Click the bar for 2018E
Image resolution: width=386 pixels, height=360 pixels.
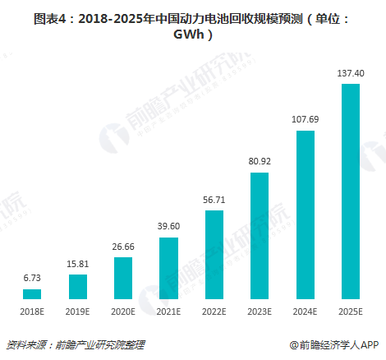point(32,293)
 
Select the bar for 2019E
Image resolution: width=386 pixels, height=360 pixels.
point(77,286)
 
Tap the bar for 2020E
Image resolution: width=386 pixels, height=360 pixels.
point(123,278)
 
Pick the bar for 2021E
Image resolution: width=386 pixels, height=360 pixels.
point(168,268)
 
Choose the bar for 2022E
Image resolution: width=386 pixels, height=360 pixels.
point(214,255)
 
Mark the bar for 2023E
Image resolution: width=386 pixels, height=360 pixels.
point(260,235)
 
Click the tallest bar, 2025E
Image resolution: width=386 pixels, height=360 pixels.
point(351,191)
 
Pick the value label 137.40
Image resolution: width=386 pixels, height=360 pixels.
point(351,73)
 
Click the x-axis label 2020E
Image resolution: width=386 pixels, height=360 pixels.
point(123,312)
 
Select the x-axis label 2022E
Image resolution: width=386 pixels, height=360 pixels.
point(214,312)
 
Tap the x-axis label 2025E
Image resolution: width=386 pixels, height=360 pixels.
point(351,312)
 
